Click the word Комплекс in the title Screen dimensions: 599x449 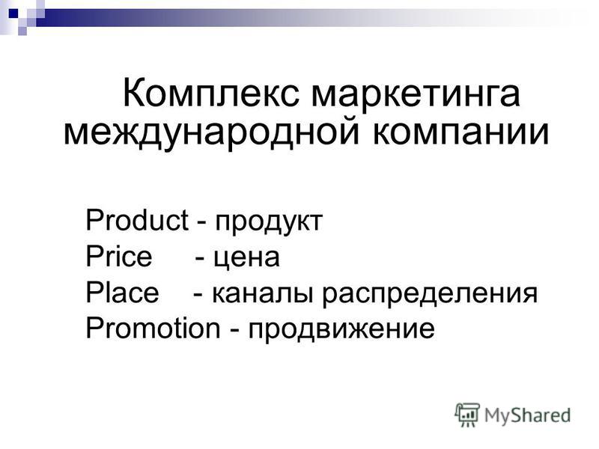(x=210, y=93)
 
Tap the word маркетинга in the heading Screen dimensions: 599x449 (x=416, y=96)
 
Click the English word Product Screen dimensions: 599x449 (x=137, y=220)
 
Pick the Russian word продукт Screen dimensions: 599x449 (x=269, y=222)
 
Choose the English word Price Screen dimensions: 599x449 (x=119, y=256)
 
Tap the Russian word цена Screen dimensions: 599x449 (x=246, y=258)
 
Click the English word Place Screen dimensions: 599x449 (x=122, y=292)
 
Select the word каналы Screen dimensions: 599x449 (x=264, y=294)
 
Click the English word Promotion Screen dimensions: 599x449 (x=153, y=328)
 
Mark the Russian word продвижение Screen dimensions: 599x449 (x=341, y=330)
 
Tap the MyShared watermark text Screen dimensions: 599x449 (x=528, y=415)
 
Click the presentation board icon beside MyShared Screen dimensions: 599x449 (x=467, y=415)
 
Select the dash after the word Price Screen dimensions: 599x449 (x=199, y=258)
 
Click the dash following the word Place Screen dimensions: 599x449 (x=198, y=295)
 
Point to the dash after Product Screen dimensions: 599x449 (x=202, y=222)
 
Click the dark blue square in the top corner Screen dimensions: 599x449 (x=13, y=13)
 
